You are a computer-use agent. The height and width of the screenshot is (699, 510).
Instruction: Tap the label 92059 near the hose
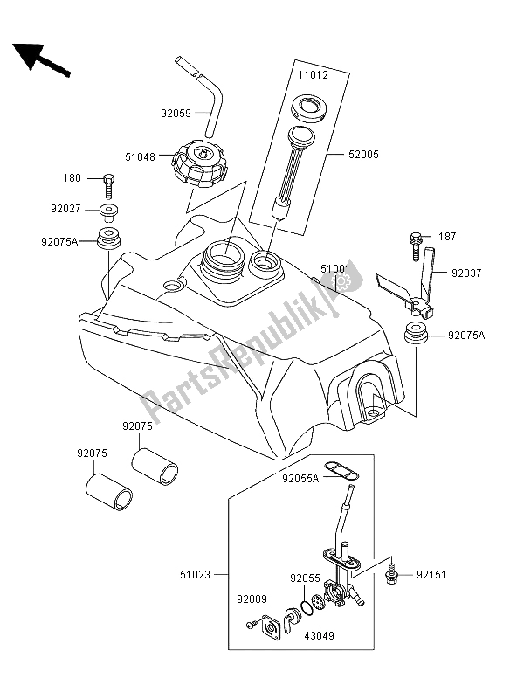174,112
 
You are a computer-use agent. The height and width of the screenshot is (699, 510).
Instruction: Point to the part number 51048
141,157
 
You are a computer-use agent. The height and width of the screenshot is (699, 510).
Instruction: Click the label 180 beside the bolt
94,178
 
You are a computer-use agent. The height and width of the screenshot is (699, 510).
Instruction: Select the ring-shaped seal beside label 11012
308,108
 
